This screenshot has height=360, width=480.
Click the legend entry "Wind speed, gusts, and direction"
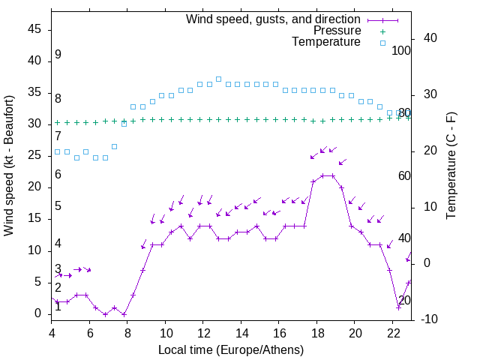(x=274, y=19)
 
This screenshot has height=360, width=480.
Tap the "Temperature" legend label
(x=326, y=42)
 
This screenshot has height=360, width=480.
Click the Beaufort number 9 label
(x=58, y=55)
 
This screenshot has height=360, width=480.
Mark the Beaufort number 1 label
(x=58, y=307)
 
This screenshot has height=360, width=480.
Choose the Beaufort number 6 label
(x=58, y=175)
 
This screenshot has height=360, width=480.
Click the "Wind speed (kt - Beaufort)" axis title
(x=9, y=165)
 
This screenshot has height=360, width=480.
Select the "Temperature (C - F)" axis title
(x=451, y=165)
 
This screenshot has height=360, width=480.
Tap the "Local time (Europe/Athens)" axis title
(x=232, y=349)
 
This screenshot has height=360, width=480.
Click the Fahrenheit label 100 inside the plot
(x=402, y=50)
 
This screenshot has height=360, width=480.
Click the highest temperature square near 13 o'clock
(x=218, y=79)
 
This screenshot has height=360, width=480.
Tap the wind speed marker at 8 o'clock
(x=124, y=313)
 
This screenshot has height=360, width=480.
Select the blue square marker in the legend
(x=382, y=43)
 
